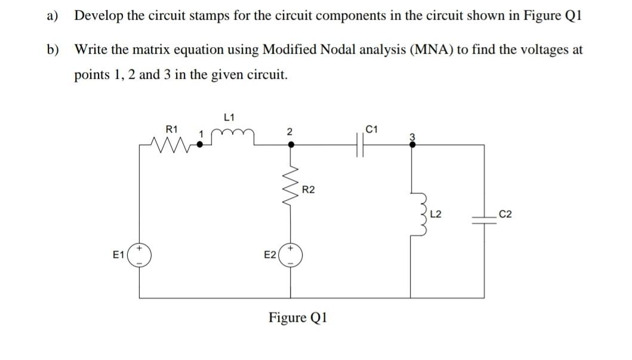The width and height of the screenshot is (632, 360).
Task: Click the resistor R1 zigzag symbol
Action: pos(171,143)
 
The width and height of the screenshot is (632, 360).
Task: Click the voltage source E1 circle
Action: pos(140,255)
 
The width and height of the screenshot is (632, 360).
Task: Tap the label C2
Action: pos(505,214)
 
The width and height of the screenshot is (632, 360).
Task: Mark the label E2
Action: pos(270,255)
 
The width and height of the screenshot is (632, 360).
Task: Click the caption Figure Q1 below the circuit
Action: pos(298,316)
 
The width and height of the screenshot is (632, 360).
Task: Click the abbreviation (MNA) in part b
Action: pos(430,50)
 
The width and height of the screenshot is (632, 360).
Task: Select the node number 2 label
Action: pos(289,133)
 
